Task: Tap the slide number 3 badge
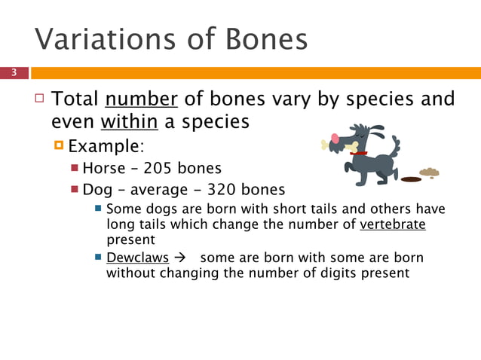[x=14, y=73]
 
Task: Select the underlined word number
[x=142, y=99]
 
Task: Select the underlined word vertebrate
[x=393, y=225]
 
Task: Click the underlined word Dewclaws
[x=138, y=258]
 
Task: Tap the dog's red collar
[x=358, y=153]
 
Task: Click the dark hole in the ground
[x=410, y=179]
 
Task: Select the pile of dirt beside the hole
[x=429, y=173]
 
